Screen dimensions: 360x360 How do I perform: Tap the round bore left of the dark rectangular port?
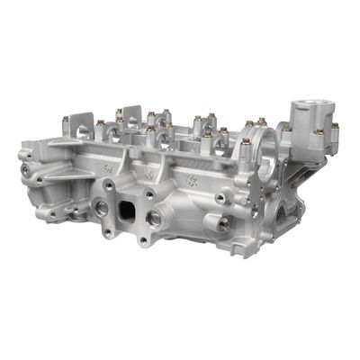coord(103,208)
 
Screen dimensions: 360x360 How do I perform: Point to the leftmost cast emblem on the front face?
coord(108,167)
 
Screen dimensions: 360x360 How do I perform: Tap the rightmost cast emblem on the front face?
coord(190,180)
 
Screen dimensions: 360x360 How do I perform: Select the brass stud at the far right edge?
coord(335,127)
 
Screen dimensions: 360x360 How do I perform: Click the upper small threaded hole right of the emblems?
coord(220,197)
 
